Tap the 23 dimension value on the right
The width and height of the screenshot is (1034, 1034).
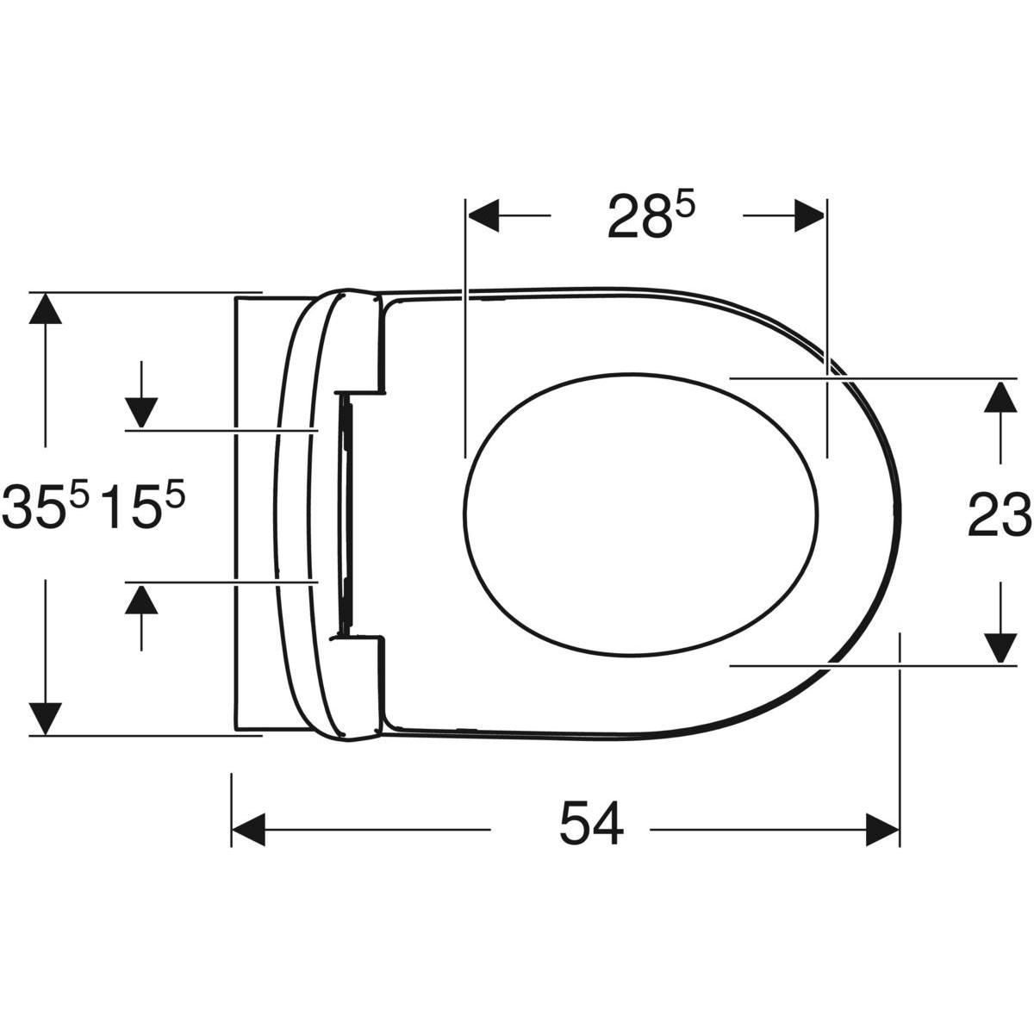[1000, 514]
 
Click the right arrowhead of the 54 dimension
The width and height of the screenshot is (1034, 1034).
[882, 830]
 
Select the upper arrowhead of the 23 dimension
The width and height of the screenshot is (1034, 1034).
[1000, 398]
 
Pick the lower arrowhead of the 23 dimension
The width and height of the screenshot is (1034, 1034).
[1000, 646]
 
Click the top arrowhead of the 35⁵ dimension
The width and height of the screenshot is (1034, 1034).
[46, 310]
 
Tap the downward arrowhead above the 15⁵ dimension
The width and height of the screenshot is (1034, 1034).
[141, 411]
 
